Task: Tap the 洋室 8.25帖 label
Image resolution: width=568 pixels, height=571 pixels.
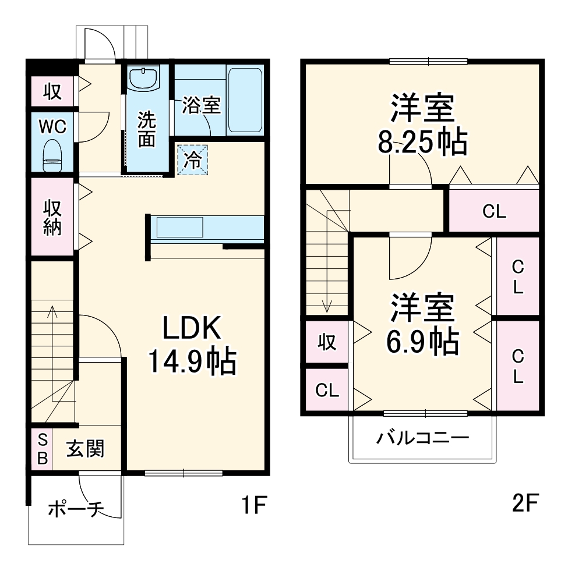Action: pyautogui.click(x=422, y=125)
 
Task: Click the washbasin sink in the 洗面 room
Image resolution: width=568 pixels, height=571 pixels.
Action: pyautogui.click(x=143, y=79)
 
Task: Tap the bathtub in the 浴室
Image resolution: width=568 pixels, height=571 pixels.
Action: pyautogui.click(x=244, y=100)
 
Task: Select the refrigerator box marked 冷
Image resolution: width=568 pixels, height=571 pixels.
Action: pyautogui.click(x=192, y=159)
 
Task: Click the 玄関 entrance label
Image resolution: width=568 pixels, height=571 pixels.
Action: pyautogui.click(x=85, y=449)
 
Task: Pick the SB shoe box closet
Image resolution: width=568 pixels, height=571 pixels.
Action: pyautogui.click(x=42, y=449)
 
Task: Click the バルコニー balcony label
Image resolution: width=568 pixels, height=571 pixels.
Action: pyautogui.click(x=422, y=438)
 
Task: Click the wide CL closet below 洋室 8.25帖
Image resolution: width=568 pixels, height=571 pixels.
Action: pyautogui.click(x=494, y=211)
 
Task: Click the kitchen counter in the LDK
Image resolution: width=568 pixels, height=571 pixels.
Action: pyautogui.click(x=207, y=227)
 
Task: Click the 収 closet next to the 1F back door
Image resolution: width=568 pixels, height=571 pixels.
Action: pyautogui.click(x=52, y=92)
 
